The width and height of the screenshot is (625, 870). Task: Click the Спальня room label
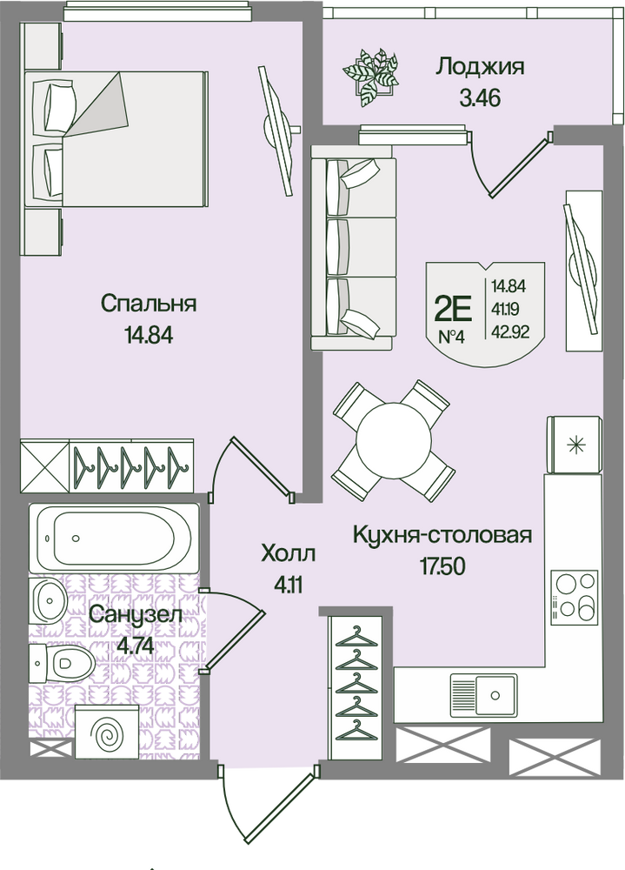coord(148,304)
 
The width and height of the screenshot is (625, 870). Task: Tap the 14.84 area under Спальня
coord(148,335)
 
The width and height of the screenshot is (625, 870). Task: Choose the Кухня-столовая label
coord(442,534)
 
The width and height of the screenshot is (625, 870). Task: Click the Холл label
coord(289,553)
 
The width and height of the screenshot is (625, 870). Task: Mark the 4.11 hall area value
coord(289,586)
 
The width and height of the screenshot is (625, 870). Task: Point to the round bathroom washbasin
coord(49,601)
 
